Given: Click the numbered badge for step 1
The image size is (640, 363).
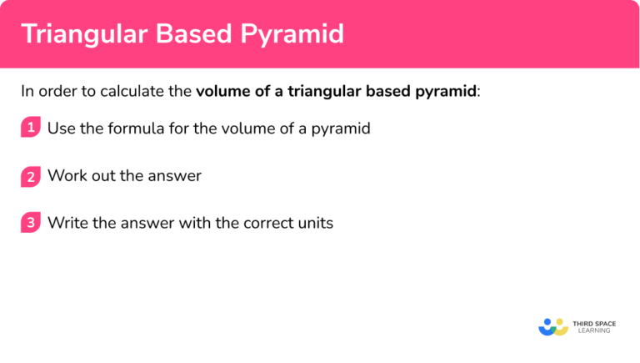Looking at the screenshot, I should click(x=31, y=129).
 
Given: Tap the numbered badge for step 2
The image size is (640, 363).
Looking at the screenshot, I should click(x=31, y=176).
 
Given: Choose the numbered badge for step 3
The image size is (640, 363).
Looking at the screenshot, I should click(x=31, y=224).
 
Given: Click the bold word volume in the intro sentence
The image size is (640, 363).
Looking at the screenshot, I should click(x=220, y=92).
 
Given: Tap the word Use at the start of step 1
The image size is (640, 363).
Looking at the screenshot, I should click(x=61, y=129).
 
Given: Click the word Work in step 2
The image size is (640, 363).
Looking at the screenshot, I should click(x=65, y=176).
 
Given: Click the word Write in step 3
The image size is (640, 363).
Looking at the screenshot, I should click(x=67, y=224).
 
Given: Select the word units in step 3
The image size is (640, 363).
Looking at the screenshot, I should click(x=315, y=224).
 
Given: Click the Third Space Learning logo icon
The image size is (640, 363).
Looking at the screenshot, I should click(x=553, y=326).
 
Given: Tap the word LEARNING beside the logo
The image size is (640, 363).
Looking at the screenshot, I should click(x=592, y=331).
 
